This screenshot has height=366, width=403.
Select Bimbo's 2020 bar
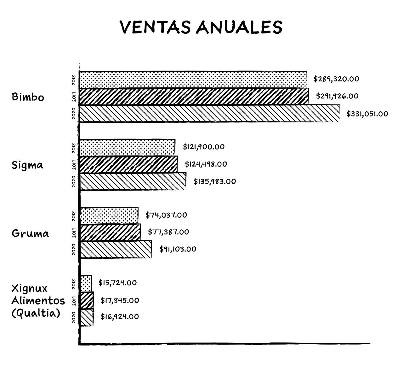coord(210,114)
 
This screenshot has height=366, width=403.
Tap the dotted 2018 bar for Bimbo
coord(193,80)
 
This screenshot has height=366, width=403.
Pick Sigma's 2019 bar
coord(128,164)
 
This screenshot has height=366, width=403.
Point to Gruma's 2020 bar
coord(116,249)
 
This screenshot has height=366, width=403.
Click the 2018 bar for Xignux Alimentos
coord(86,283)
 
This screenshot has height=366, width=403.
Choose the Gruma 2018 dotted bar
coord(109,215)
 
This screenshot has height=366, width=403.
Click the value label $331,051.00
coord(367,114)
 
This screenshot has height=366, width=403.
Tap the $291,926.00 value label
coord(337,96)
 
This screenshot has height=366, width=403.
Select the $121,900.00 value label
coord(203,147)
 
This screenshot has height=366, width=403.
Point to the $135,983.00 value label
coord(214,181)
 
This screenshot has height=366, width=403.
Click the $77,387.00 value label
coord(168,232)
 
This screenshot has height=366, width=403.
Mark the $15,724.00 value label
coord(117,283)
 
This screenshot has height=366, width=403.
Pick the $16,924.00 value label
coord(120,317)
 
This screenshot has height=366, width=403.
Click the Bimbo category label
coord(28,97)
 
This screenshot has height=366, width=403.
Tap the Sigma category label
coord(27,165)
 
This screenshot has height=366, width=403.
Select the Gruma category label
coord(30,233)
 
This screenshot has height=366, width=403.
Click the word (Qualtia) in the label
coord(36,313)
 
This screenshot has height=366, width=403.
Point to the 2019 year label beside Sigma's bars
coord(74,165)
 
